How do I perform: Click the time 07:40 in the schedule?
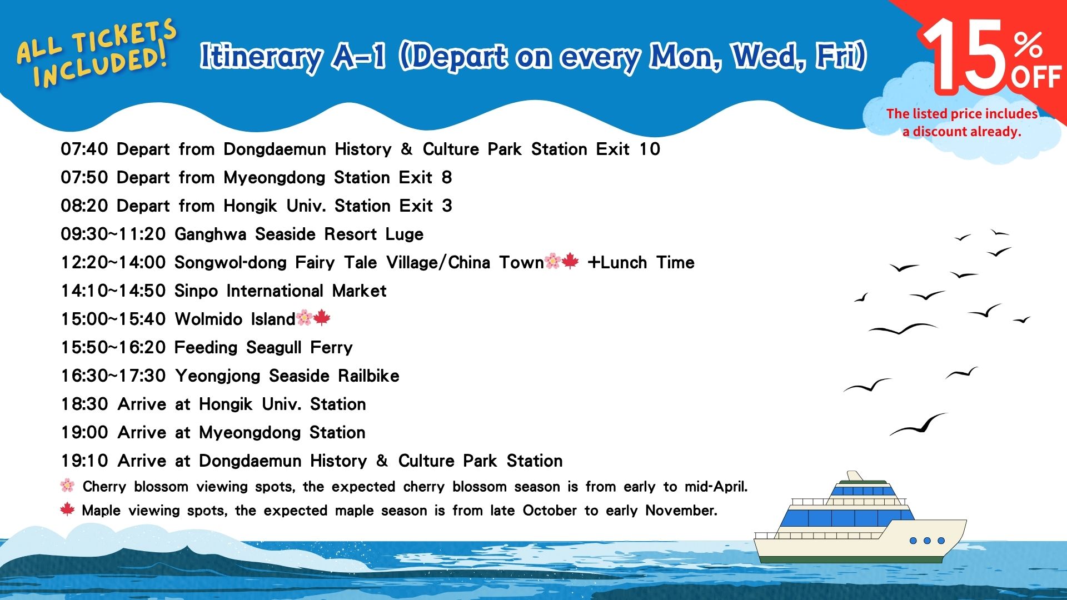point(84,149)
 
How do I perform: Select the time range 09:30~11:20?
point(113,234)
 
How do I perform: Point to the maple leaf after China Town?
point(570,261)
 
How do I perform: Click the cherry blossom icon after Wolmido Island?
point(304,318)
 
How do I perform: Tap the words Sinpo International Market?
point(281,291)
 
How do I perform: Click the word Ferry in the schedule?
point(331,348)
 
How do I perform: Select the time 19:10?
point(84,461)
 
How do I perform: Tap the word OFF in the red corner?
point(1036,77)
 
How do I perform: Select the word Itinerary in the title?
point(261,58)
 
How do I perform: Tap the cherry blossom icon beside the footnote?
point(67,486)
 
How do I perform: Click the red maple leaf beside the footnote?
point(67,509)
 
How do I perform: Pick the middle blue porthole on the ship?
point(927,541)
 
